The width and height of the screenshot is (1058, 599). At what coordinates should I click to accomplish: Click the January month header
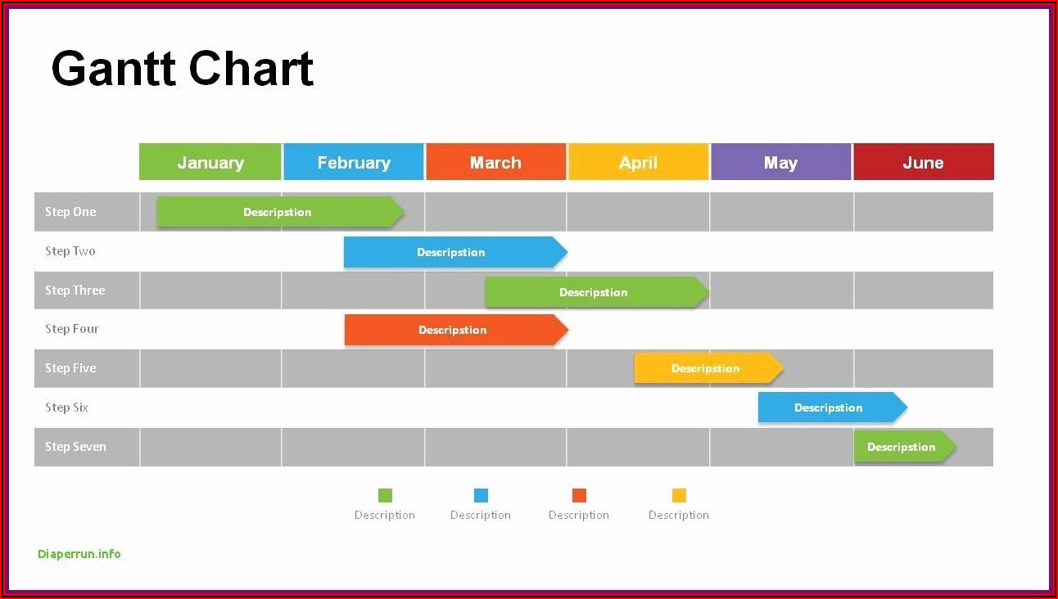(210, 162)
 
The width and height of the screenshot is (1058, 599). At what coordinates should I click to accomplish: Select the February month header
(354, 162)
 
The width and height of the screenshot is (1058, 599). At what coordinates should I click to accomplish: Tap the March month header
(496, 162)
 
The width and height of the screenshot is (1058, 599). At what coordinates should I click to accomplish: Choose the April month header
(639, 162)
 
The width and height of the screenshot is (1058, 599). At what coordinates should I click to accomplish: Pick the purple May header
(780, 162)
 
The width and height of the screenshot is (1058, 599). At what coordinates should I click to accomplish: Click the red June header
(924, 162)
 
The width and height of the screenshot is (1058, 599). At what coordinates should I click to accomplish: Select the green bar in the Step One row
(281, 212)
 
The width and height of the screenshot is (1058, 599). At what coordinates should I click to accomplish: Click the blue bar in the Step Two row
(455, 252)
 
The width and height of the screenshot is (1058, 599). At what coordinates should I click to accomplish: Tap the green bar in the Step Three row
(597, 292)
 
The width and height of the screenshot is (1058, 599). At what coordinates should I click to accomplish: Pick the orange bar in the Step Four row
(456, 330)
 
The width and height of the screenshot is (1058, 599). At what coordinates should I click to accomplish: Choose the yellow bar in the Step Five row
(708, 368)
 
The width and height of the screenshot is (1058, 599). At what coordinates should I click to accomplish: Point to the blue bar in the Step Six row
(833, 408)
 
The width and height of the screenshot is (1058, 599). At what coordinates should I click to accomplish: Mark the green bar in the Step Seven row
(905, 447)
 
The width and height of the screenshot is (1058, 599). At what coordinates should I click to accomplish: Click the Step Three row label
(75, 290)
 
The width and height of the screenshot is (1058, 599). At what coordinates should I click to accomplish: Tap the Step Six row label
(66, 408)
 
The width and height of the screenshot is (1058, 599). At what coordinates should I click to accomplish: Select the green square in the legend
(385, 496)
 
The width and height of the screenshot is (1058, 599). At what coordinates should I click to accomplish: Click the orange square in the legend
(579, 496)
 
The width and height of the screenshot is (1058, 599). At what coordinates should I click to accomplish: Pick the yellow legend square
(679, 496)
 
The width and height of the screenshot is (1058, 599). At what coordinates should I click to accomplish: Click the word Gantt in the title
(113, 69)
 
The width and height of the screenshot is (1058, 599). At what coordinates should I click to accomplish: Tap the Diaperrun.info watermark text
(79, 554)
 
